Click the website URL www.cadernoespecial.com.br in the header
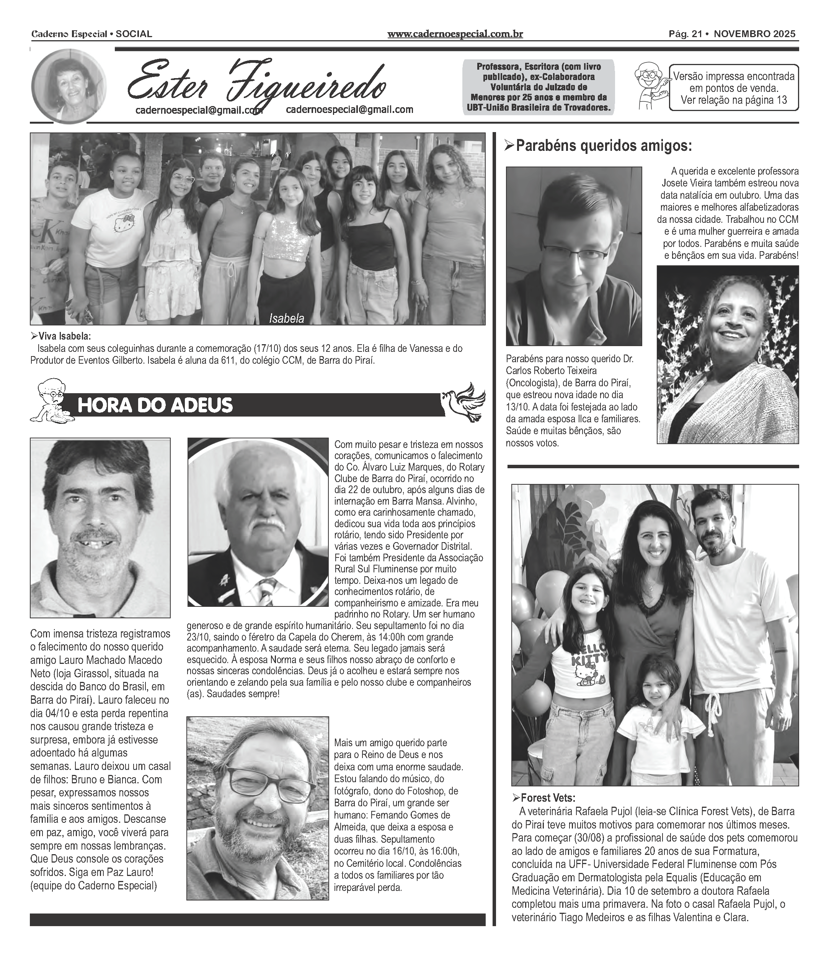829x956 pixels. (x=455, y=34)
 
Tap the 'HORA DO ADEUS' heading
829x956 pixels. (x=155, y=405)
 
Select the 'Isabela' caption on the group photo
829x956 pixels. (x=287, y=319)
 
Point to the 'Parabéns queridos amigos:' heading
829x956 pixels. (x=604, y=146)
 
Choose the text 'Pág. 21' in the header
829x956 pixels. (x=685, y=34)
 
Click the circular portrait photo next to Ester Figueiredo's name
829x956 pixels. (x=69, y=87)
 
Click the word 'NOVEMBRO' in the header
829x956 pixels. (x=741, y=34)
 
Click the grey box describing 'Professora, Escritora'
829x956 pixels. (x=539, y=87)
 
